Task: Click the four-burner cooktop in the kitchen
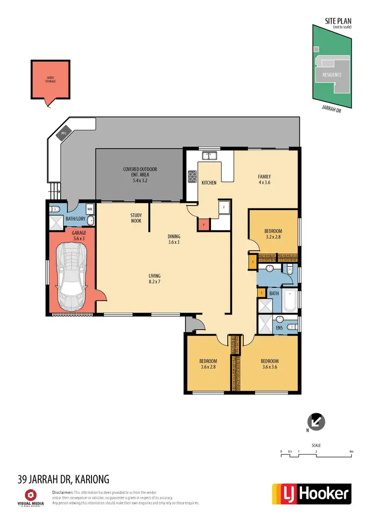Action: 192,177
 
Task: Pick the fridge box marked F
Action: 224,207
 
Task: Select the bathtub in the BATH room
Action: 290,302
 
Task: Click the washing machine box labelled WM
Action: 90,208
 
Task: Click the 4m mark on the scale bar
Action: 351,451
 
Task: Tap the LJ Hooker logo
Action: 311,493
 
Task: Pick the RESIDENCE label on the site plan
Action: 332,75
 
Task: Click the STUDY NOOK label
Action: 136,218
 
